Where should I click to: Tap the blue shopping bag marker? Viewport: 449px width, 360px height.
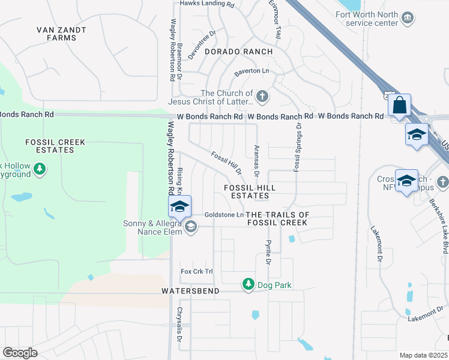tap(399, 106)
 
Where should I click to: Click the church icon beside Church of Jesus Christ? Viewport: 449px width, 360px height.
tap(262, 96)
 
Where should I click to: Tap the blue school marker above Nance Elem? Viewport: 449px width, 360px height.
tap(179, 207)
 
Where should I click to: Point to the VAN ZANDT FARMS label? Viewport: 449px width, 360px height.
tap(61, 34)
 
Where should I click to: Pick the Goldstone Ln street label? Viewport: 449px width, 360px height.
tap(224, 214)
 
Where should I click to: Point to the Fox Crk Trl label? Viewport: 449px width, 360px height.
tap(197, 272)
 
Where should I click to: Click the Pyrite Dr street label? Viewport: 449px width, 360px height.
tap(268, 253)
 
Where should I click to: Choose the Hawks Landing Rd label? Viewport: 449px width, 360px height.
tap(207, 4)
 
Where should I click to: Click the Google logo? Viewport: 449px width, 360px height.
tap(20, 352)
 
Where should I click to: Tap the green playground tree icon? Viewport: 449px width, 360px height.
tap(40, 169)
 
